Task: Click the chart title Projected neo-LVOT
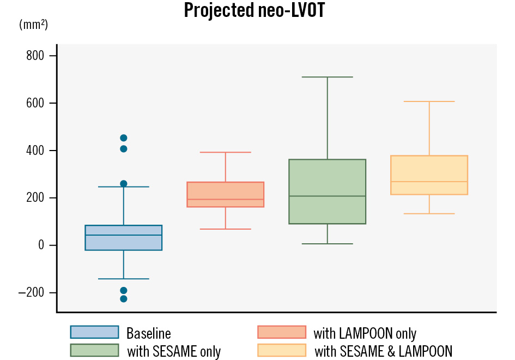tap(254, 10)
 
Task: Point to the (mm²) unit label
tap(33, 25)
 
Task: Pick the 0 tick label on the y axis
tap(41, 245)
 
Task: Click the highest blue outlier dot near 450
tap(124, 138)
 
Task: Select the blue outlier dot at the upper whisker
tap(124, 184)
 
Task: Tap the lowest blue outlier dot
tap(124, 298)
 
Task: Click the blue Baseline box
tap(124, 238)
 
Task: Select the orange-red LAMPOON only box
tap(226, 195)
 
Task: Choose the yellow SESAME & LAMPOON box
tap(429, 175)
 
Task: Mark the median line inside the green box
tap(328, 196)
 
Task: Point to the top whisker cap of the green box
tap(328, 77)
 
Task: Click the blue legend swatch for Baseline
tap(94, 332)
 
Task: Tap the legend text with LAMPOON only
tap(365, 333)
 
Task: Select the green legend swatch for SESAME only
tap(94, 350)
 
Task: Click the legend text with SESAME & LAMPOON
tap(383, 351)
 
